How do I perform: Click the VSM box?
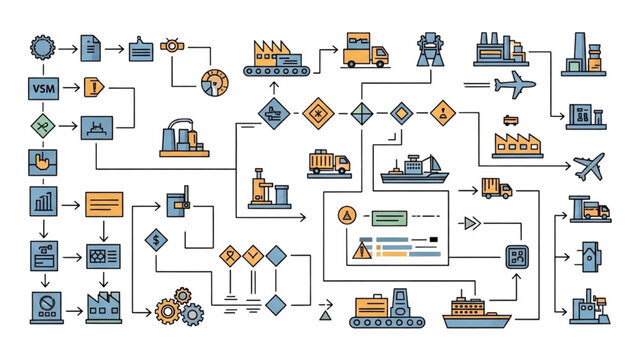(x=42, y=89)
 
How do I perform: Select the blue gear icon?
(x=42, y=46)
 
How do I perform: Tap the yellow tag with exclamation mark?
(x=93, y=86)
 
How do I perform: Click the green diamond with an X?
(x=42, y=126)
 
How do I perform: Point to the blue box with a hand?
(x=42, y=161)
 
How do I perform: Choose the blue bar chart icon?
(x=43, y=200)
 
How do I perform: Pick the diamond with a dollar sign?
(x=155, y=239)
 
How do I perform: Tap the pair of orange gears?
(x=173, y=304)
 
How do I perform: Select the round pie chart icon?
(x=215, y=83)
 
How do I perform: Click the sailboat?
(x=413, y=170)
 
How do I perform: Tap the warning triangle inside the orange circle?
(x=347, y=214)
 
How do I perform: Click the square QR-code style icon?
(x=517, y=257)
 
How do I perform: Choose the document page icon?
(x=91, y=46)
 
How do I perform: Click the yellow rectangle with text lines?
(x=104, y=204)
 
